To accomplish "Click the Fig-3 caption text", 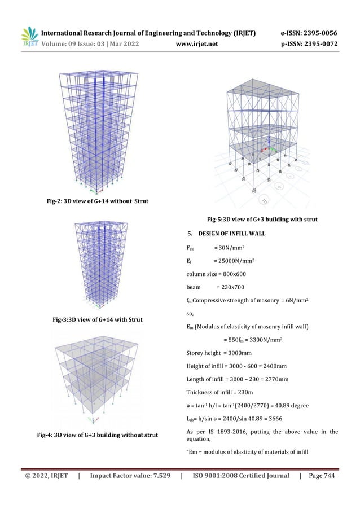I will [97, 319].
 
